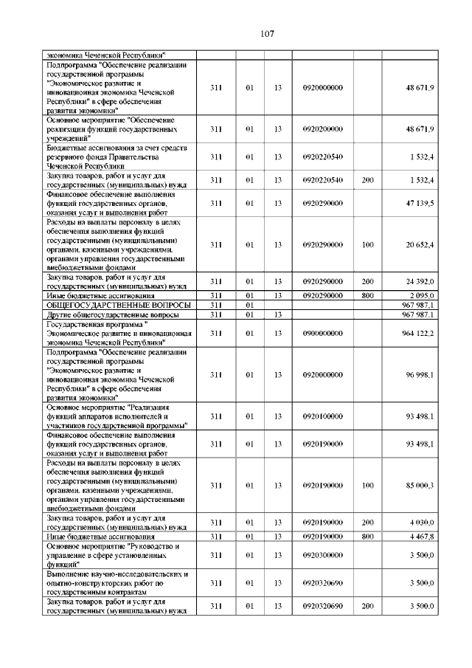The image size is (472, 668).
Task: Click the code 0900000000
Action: click(x=322, y=333)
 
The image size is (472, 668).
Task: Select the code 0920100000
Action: click(x=322, y=416)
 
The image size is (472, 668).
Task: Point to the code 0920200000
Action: click(x=322, y=129)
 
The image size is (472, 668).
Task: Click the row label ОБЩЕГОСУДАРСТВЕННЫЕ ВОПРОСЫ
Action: click(x=118, y=305)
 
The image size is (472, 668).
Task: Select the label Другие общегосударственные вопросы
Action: click(x=112, y=314)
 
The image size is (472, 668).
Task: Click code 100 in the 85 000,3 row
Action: click(x=368, y=485)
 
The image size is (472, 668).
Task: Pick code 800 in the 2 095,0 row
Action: click(x=368, y=295)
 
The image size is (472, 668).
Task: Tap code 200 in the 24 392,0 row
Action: click(x=368, y=282)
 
